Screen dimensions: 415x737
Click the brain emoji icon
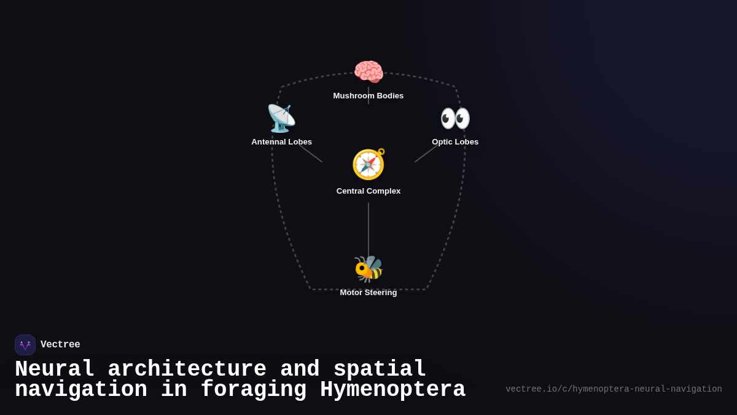click(x=368, y=72)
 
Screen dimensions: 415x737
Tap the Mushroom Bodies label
click(x=368, y=96)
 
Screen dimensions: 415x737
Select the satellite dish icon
click(x=281, y=118)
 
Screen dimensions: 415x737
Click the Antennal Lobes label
click(x=281, y=142)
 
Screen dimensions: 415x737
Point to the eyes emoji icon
click(x=455, y=118)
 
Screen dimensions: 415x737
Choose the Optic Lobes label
click(x=455, y=142)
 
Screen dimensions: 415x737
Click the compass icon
click(x=368, y=164)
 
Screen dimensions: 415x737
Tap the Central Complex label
click(x=368, y=191)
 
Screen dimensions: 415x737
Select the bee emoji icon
click(x=368, y=269)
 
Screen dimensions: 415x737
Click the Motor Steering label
click(x=368, y=293)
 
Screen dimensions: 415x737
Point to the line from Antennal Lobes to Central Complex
click(x=311, y=154)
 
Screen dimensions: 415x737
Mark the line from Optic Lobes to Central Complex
click(x=426, y=154)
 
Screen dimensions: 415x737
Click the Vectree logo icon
click(x=25, y=345)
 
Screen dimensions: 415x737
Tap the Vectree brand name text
click(x=60, y=345)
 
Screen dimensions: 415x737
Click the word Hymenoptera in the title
click(x=392, y=390)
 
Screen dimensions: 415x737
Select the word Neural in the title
click(x=55, y=370)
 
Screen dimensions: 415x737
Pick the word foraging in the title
click(x=253, y=390)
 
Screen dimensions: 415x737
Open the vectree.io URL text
click(x=614, y=389)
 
